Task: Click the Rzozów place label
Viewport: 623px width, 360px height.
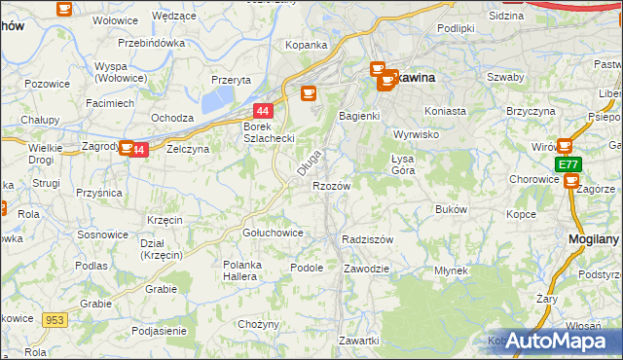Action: (331, 185)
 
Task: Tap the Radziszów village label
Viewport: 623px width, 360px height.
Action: (367, 239)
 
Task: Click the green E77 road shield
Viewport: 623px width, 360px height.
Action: (568, 166)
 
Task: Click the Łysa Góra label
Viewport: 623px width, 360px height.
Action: (396, 163)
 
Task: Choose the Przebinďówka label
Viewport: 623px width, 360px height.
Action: (151, 43)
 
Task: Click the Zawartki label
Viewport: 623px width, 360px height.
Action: (358, 340)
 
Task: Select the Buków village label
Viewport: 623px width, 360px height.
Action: (452, 209)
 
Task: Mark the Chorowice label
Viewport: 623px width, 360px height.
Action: (532, 179)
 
